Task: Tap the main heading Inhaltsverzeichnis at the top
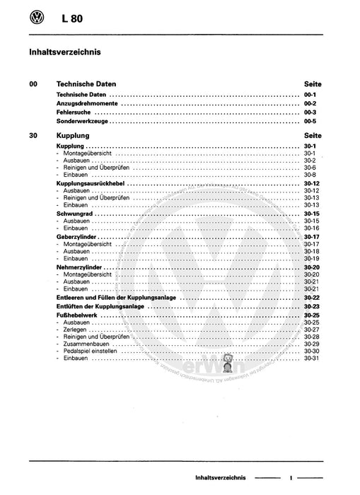[x=64, y=52]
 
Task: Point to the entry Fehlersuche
[x=74, y=112]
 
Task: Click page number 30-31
[x=312, y=360]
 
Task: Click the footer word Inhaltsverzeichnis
[x=220, y=479]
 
